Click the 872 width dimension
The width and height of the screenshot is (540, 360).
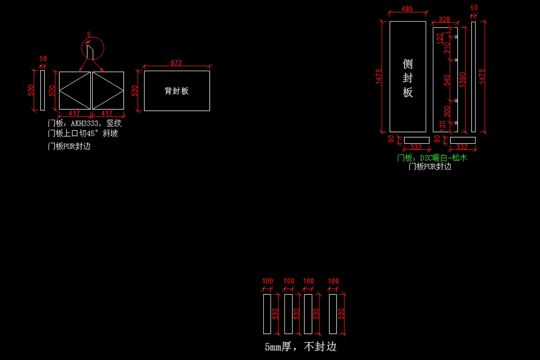coord(176,63)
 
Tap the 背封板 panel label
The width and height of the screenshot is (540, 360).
coord(177,91)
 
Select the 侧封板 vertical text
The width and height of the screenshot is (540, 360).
coord(408,78)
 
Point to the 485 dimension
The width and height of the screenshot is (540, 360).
coord(407,9)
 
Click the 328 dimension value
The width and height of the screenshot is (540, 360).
coord(444,19)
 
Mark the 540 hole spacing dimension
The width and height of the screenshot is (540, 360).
coord(447,80)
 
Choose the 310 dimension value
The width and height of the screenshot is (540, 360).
coord(447,48)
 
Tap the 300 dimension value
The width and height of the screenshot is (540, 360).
coord(447,111)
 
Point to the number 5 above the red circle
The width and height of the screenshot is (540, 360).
coord(89,35)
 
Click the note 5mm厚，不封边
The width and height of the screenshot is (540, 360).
coord(301,347)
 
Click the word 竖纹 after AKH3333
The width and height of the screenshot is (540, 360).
coord(114,123)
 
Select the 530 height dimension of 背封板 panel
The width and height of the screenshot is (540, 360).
coord(135,90)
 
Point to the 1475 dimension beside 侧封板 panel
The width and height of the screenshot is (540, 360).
coord(379,76)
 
